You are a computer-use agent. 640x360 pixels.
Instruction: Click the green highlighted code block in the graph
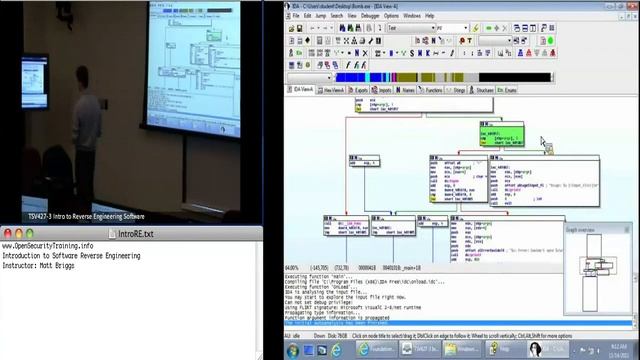click(501, 134)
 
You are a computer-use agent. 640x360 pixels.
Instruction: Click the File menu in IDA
click(295, 16)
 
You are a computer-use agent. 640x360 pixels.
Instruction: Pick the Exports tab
click(361, 90)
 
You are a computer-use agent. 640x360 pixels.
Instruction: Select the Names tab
click(407, 90)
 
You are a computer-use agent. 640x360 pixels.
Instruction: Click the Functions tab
click(433, 90)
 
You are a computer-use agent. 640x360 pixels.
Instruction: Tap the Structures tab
click(484, 90)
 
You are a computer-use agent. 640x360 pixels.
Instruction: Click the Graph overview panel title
click(581, 230)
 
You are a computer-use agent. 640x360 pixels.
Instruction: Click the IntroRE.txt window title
click(135, 233)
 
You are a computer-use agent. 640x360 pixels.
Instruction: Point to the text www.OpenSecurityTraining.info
click(48, 246)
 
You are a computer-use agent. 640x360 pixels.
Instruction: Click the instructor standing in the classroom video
click(84, 150)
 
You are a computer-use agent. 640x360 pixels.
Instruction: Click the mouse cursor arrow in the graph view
click(545, 143)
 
